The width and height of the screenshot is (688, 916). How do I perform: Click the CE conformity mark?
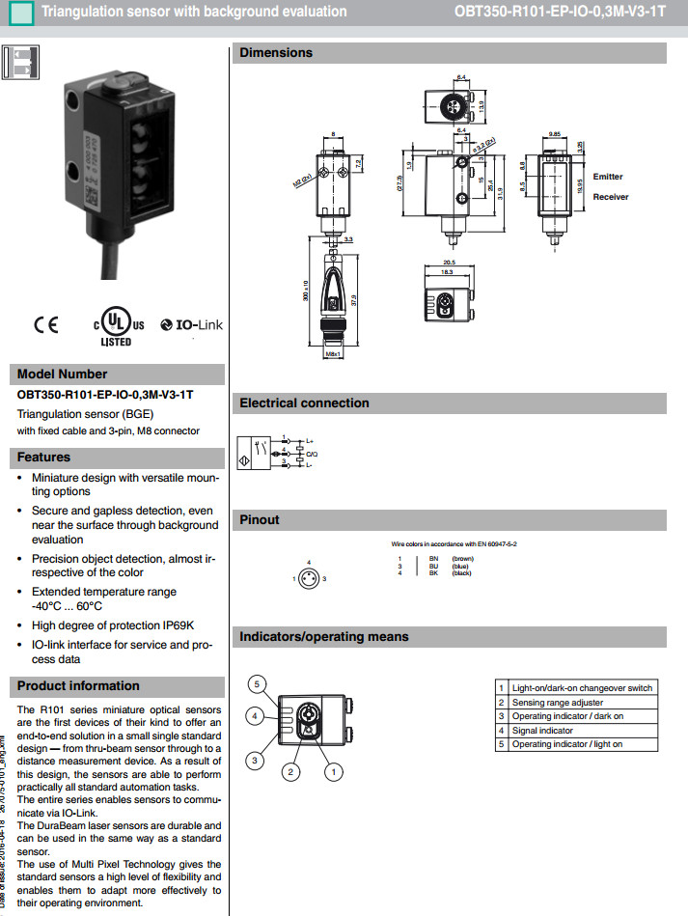[46, 325]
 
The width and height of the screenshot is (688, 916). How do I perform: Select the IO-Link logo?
[191, 325]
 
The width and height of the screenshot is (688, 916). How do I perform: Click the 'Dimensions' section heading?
[276, 53]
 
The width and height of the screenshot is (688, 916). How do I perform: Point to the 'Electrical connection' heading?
[304, 403]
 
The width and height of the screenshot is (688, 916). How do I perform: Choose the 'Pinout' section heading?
[260, 520]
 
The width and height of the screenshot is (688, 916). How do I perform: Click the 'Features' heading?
[44, 457]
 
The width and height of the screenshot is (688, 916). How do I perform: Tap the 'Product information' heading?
[78, 686]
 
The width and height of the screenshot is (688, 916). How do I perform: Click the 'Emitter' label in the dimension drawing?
[608, 177]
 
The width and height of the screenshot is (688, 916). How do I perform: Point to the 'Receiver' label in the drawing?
[610, 197]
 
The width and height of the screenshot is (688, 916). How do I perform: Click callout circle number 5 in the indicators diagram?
[257, 684]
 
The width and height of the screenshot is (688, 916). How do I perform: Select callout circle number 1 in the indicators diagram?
[334, 771]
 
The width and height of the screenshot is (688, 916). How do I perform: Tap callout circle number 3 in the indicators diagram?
[255, 761]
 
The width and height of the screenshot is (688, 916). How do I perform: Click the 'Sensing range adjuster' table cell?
[558, 703]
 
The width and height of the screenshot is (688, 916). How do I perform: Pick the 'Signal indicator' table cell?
[542, 731]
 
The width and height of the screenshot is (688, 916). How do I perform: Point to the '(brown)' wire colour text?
[462, 559]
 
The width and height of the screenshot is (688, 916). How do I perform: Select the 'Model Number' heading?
[63, 375]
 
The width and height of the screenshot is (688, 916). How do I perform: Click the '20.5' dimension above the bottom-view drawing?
[449, 263]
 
